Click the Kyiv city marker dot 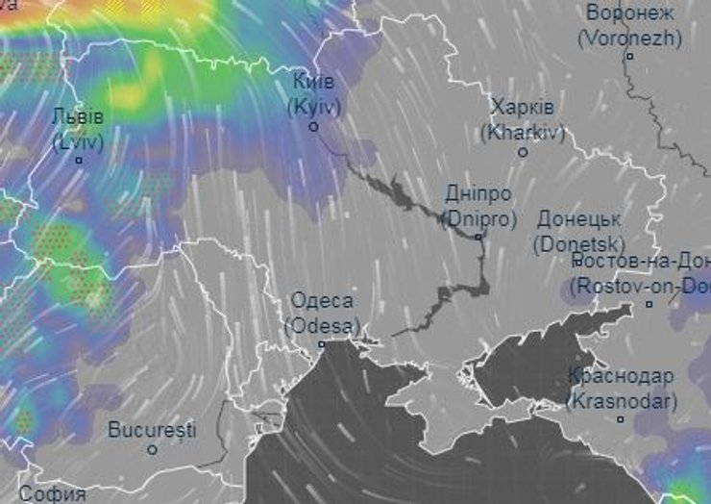[x=313, y=126]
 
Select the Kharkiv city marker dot [x=523, y=152]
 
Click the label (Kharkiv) [x=526, y=132]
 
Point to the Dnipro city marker [x=478, y=237]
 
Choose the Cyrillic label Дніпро [x=478, y=193]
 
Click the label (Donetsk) [x=579, y=243]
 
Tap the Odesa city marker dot [x=322, y=343]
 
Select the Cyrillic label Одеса [x=322, y=300]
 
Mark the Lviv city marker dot [x=80, y=160]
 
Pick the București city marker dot [x=152, y=449]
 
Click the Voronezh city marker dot [x=630, y=56]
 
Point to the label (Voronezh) [x=630, y=38]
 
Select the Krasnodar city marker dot [x=621, y=419]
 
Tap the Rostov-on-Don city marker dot [x=649, y=304]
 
